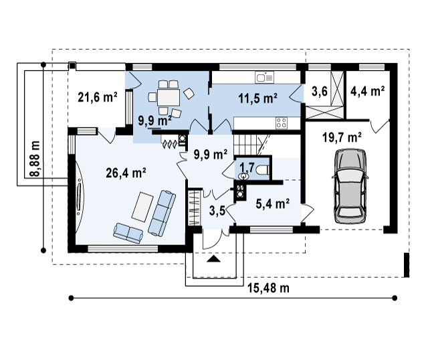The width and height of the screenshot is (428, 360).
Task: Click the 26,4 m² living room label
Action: click(126, 173)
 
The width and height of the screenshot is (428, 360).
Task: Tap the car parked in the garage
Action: click(350, 187)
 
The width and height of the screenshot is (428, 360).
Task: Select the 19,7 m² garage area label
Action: click(342, 137)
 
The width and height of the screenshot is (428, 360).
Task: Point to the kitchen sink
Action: click(264, 78)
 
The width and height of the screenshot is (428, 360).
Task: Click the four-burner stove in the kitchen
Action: click(282, 123)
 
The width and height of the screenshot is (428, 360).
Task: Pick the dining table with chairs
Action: click(169, 98)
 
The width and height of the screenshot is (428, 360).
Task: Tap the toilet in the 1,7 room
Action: click(263, 170)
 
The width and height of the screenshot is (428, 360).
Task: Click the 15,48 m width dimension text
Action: click(268, 288)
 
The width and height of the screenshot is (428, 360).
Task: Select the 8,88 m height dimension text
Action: click(35, 159)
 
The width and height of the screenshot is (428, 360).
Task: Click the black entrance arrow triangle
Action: click(213, 259)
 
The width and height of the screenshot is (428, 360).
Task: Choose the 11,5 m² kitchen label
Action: click(258, 98)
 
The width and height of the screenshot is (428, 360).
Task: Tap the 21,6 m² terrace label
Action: click(98, 97)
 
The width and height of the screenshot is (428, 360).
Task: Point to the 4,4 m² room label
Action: click(368, 91)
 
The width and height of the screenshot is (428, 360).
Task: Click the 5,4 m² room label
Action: click(273, 203)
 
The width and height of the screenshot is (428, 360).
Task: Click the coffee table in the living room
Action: click(142, 207)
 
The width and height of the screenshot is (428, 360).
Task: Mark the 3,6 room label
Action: click(320, 92)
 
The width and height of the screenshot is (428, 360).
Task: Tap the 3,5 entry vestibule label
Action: click(217, 211)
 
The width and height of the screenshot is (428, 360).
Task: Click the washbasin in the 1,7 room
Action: click(243, 177)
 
